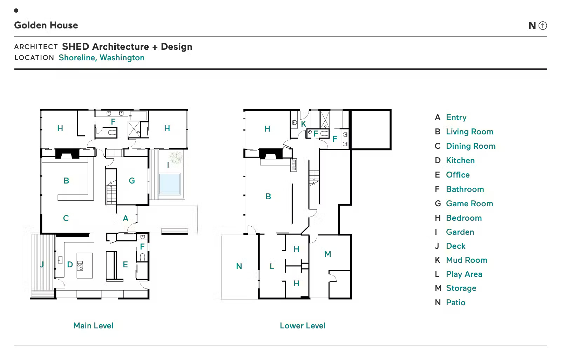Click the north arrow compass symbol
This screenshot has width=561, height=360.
[543, 26]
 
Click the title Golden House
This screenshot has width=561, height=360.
[46, 25]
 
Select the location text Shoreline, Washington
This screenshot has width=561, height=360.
[102, 58]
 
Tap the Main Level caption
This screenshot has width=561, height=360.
[93, 326]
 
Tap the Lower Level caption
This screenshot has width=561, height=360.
[303, 326]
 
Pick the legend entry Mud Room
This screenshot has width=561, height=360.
[467, 260]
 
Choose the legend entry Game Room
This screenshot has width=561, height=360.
[469, 204]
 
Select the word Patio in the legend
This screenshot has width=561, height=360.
[456, 302]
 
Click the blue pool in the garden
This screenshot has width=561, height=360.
[170, 184]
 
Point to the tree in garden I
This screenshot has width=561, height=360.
[176, 157]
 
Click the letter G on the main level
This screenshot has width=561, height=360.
[132, 180]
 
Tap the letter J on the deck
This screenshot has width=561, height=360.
[42, 264]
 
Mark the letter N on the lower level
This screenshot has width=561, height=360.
[239, 266]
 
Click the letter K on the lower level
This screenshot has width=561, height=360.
[304, 124]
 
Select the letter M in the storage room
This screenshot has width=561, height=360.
[328, 254]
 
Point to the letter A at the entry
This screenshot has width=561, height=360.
[126, 218]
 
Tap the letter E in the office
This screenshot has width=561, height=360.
[125, 265]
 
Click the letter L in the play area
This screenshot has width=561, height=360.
[272, 266]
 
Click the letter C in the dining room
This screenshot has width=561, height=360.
[66, 218]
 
